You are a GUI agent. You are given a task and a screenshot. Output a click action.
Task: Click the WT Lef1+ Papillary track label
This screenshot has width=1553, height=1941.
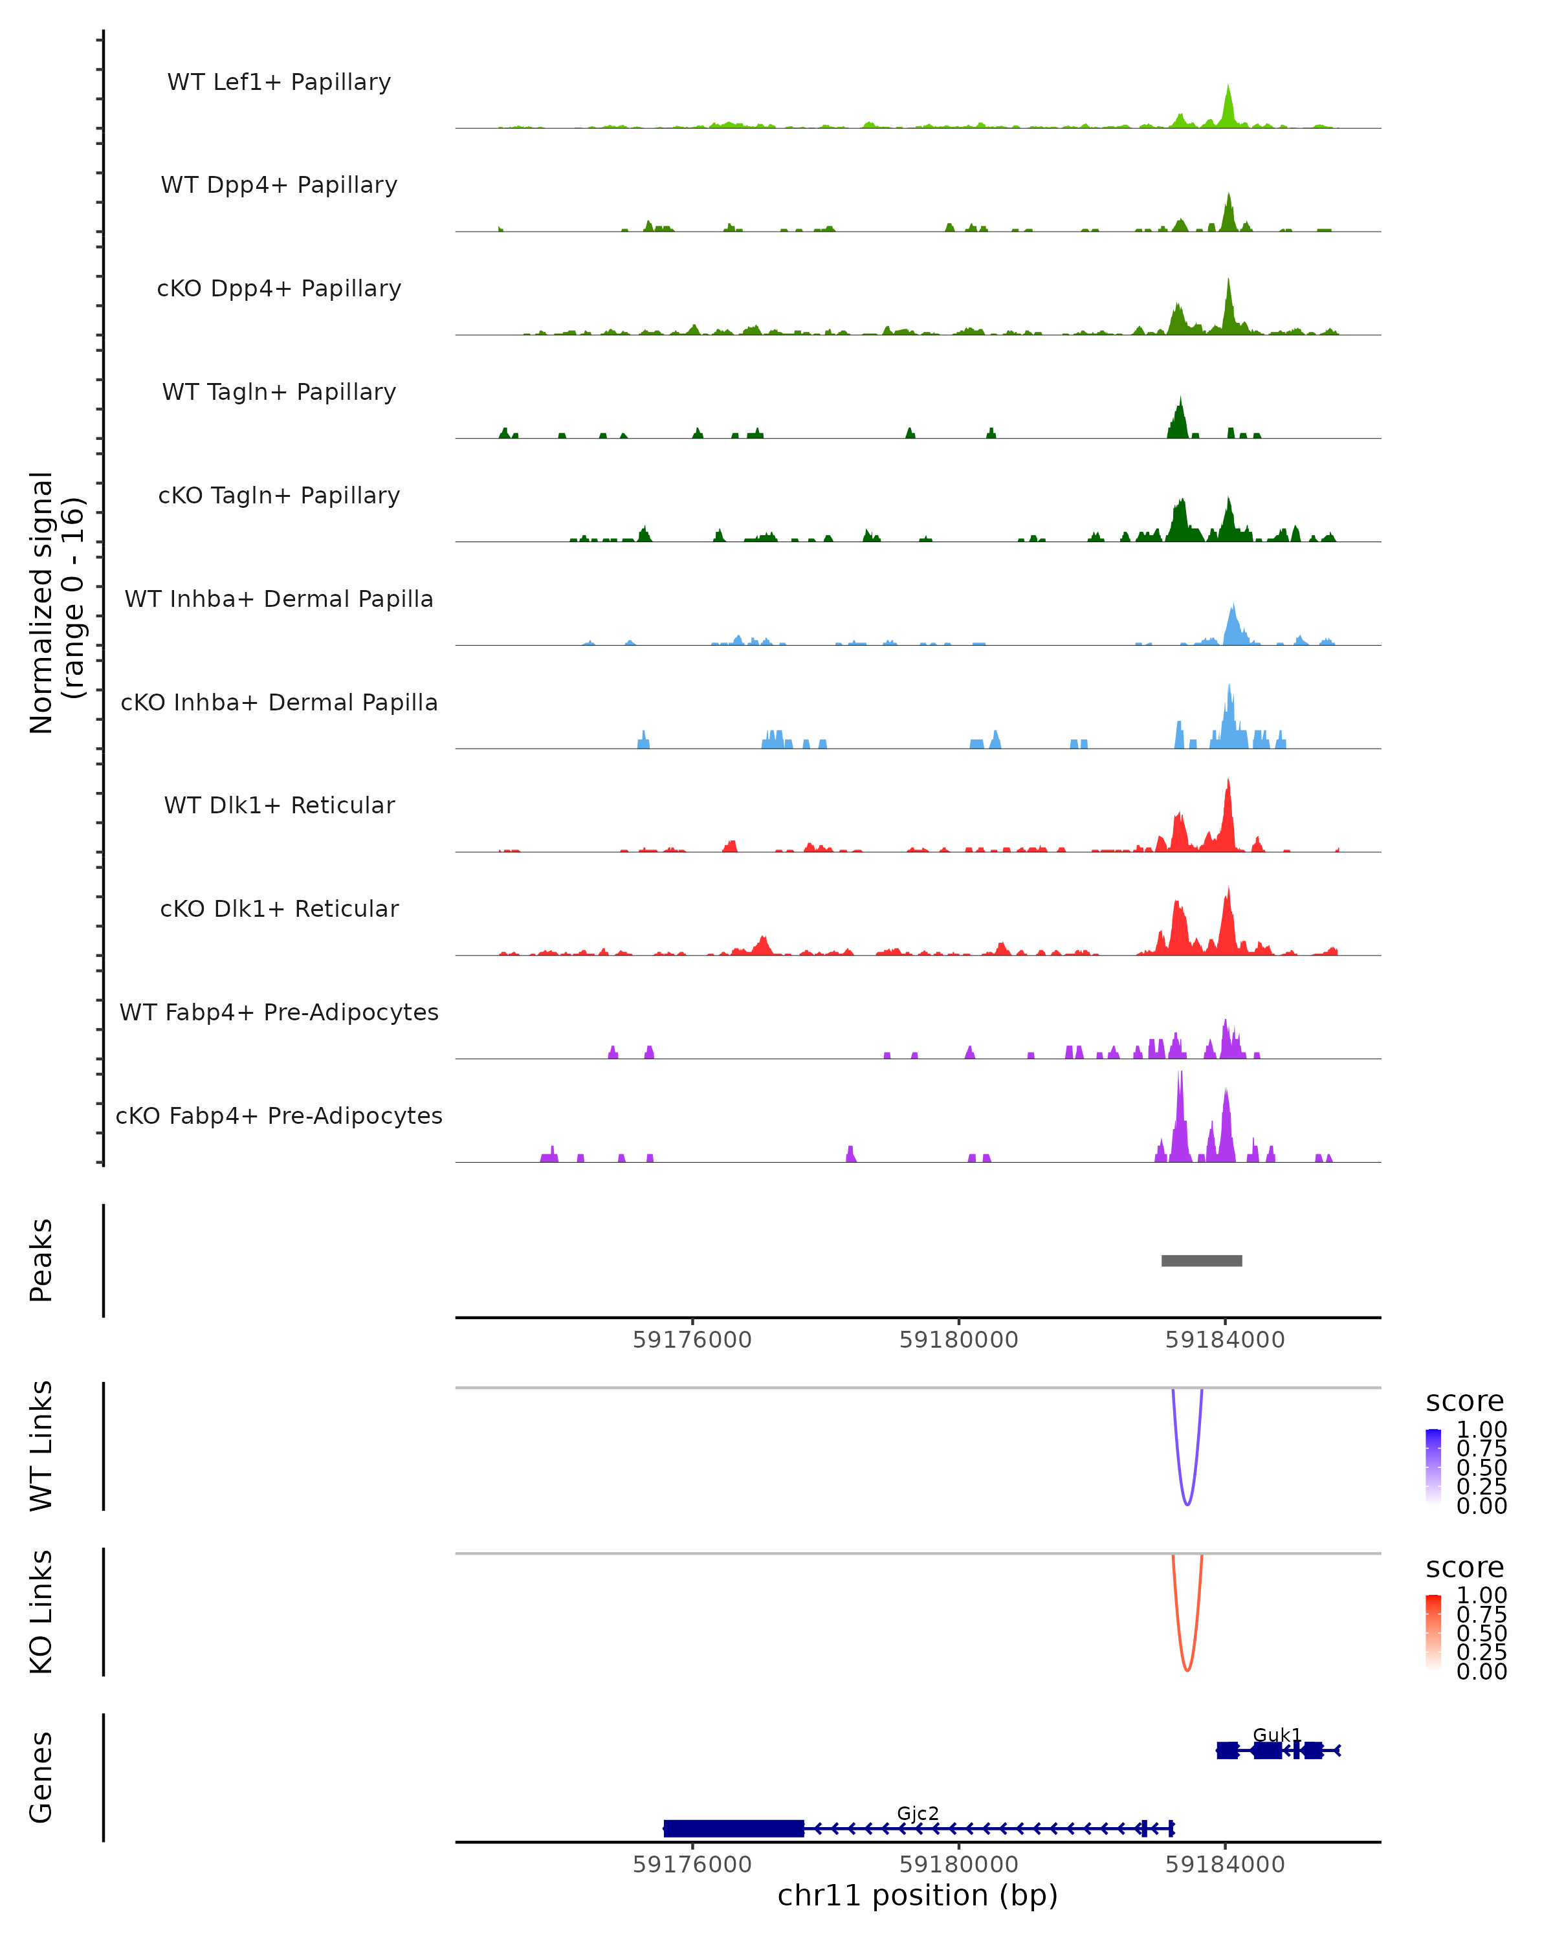point(279,83)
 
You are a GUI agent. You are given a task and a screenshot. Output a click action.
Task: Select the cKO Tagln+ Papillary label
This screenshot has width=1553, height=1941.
point(279,496)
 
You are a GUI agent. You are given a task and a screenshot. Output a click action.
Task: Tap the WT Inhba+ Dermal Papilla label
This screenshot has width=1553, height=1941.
point(279,600)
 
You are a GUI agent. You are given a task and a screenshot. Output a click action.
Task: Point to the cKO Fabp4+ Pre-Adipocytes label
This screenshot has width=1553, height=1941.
point(279,1116)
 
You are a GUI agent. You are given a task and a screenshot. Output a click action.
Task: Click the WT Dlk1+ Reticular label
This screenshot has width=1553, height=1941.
point(279,806)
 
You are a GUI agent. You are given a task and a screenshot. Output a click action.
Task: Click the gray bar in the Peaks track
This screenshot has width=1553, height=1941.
point(1201,1261)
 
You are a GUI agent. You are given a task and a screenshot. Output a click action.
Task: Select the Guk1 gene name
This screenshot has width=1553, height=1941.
point(1277,1735)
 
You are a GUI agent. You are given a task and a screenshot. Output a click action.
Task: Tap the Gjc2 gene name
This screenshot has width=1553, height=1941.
point(918,1813)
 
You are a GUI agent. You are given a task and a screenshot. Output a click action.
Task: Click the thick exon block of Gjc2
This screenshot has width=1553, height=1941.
point(734,1828)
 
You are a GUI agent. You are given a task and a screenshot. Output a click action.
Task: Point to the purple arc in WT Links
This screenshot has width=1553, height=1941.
point(1187,1502)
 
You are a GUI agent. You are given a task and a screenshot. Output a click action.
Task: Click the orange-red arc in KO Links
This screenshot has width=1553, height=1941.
point(1187,1667)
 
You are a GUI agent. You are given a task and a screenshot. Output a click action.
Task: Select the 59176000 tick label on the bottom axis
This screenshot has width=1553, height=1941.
point(692,1865)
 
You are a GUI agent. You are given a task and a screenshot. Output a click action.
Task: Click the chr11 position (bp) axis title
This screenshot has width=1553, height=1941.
point(918,1896)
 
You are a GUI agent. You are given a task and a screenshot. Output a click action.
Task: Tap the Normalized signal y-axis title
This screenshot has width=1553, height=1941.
point(56,602)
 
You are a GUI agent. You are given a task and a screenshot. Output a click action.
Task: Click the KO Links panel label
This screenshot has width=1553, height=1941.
point(41,1612)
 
